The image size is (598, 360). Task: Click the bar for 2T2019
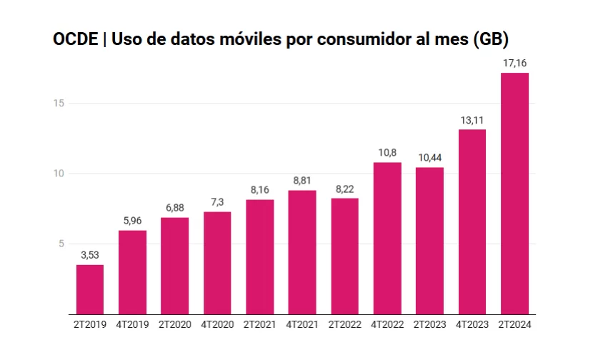click(x=90, y=289)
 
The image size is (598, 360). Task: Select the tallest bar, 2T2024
click(x=515, y=194)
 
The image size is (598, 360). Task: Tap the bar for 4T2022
click(x=387, y=238)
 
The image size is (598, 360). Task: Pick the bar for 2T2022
click(x=345, y=256)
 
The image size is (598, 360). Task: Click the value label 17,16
click(x=515, y=64)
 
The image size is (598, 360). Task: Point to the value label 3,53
click(x=90, y=256)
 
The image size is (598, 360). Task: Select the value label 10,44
click(x=429, y=158)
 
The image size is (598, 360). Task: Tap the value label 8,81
click(x=302, y=181)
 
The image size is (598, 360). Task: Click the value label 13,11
click(x=472, y=120)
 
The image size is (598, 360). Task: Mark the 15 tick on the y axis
click(x=59, y=104)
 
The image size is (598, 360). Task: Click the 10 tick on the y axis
click(x=59, y=174)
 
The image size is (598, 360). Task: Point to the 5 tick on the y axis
click(x=61, y=244)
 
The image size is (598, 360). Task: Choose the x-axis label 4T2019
click(x=132, y=325)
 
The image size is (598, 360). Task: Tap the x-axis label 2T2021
click(x=260, y=325)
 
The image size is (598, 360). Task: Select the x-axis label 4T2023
click(x=472, y=325)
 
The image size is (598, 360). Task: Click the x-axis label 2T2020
click(x=175, y=325)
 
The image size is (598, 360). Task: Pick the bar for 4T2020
click(x=217, y=263)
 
